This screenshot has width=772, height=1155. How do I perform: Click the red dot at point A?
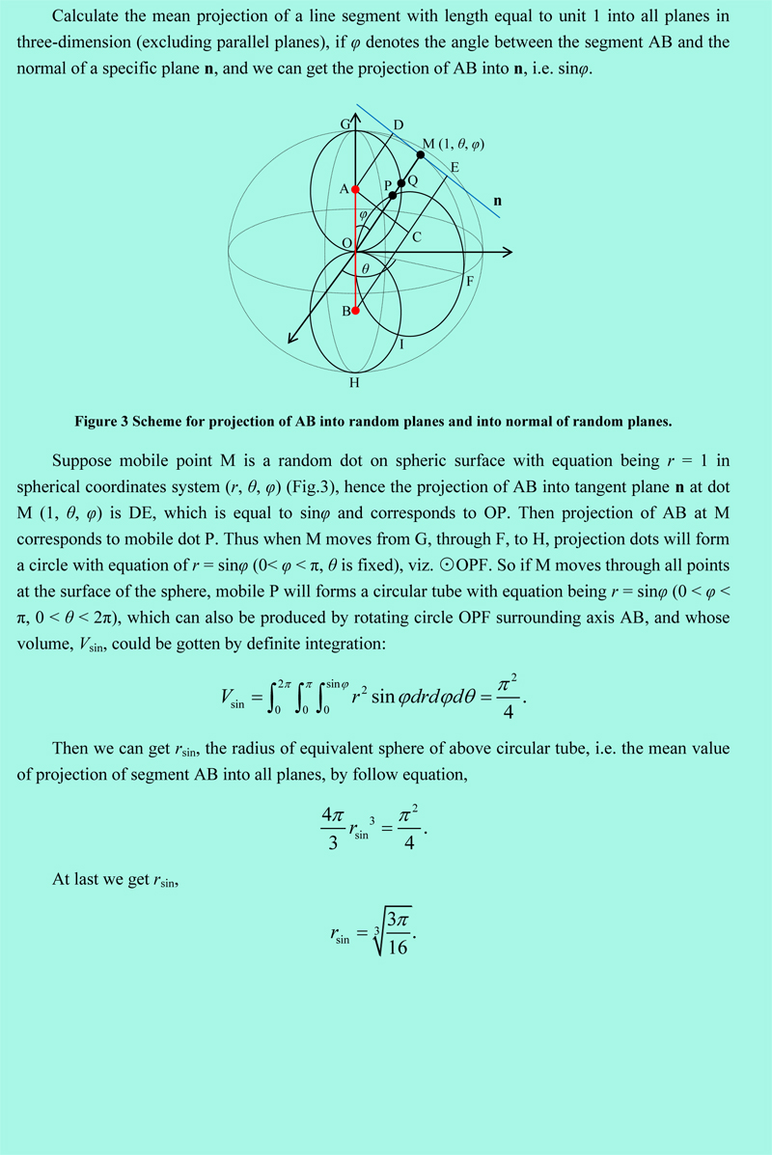[355, 189]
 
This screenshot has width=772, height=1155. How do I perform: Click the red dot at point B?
[355, 311]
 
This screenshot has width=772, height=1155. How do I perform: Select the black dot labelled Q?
[401, 182]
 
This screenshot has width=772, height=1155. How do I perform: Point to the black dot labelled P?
[392, 195]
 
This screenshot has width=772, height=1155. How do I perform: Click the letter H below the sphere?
[354, 383]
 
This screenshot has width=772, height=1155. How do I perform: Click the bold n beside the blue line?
[497, 202]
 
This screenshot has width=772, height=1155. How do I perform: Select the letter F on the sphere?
[469, 282]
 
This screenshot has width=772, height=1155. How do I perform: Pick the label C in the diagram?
[416, 237]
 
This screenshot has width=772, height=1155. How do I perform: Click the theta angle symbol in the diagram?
[365, 268]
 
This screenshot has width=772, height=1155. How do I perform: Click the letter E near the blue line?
[454, 168]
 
